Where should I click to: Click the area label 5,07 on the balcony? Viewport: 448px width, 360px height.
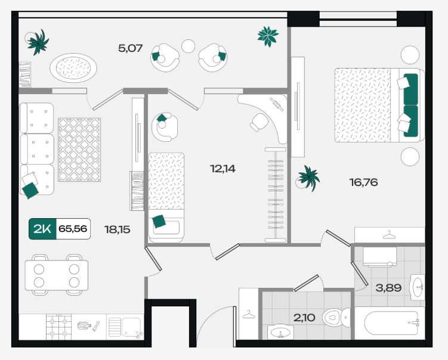[130, 48]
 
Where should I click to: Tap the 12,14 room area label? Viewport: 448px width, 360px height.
[223, 169]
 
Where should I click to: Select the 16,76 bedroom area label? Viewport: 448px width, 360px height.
[364, 182]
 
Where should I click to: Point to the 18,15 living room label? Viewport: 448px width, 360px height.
[117, 229]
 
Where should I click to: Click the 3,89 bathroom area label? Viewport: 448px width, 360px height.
[388, 287]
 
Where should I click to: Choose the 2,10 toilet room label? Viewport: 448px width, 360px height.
[304, 317]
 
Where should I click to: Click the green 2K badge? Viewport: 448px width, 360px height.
[42, 229]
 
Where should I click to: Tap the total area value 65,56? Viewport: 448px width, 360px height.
[73, 229]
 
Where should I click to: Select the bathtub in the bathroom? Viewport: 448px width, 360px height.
[390, 323]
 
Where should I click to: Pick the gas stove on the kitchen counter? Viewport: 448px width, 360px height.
[59, 327]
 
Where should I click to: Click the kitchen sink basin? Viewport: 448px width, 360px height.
[131, 327]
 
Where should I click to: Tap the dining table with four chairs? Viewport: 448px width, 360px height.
[56, 275]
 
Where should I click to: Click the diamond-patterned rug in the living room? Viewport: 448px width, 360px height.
[79, 150]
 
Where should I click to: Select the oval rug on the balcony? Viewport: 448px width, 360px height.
[73, 68]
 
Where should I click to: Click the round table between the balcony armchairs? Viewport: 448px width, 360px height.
[189, 46]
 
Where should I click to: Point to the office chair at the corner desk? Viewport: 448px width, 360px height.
[259, 122]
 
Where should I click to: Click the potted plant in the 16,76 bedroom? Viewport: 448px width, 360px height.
[307, 178]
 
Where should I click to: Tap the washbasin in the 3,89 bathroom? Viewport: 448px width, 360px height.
[418, 287]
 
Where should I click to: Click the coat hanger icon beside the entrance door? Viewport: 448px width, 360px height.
[249, 315]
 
